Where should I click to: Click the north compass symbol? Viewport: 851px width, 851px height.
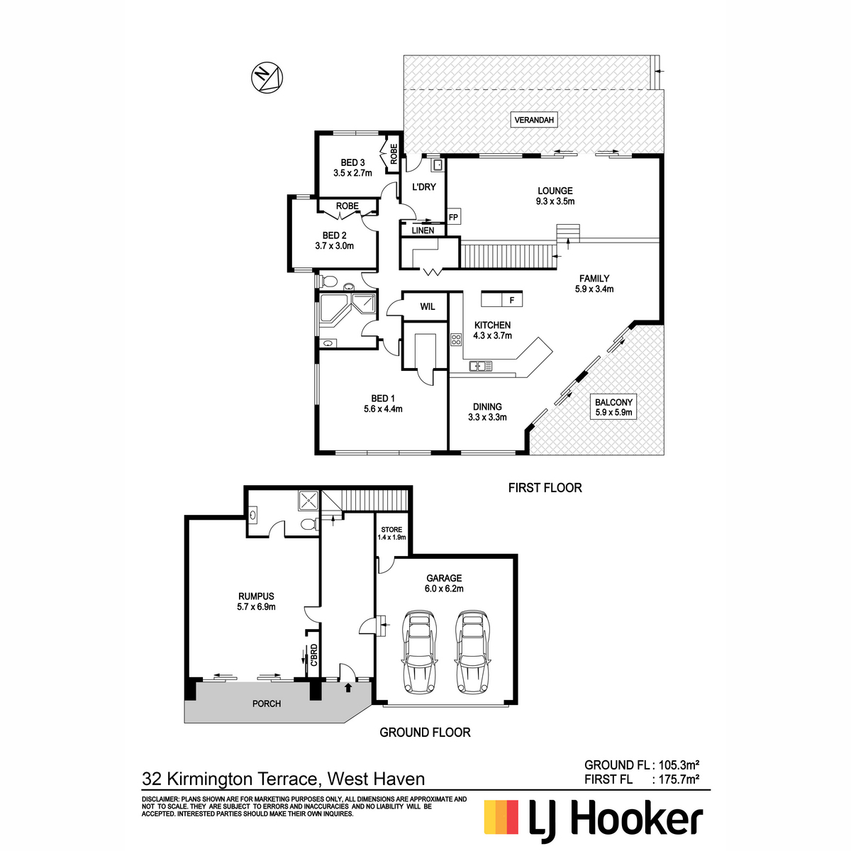267,77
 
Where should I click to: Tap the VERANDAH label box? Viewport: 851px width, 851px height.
534,120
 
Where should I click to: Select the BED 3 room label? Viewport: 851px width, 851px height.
352,167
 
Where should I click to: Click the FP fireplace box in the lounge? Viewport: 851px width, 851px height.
453,217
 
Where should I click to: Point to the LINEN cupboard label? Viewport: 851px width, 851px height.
423,230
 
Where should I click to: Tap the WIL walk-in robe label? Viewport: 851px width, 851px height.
427,306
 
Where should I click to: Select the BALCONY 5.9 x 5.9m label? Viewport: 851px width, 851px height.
613,407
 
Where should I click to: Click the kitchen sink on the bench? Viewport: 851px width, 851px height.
482,366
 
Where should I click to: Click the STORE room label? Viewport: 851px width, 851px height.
391,533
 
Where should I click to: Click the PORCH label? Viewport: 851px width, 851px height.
267,703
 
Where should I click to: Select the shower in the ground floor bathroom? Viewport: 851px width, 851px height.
308,501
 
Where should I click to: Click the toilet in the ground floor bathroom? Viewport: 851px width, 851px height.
308,525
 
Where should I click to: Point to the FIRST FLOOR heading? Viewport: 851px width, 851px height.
545,488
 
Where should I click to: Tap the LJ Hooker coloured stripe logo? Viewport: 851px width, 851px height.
501,817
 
